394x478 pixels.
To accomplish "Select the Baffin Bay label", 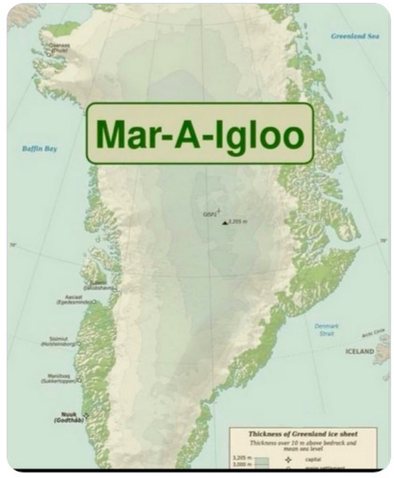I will tap(40, 148).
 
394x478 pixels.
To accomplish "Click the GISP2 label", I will tap(211, 213).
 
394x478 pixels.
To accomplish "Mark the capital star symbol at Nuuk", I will tap(86, 414).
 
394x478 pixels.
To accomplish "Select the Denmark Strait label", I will tap(327, 329).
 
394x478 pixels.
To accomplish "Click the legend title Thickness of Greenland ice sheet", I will tap(303, 433).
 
